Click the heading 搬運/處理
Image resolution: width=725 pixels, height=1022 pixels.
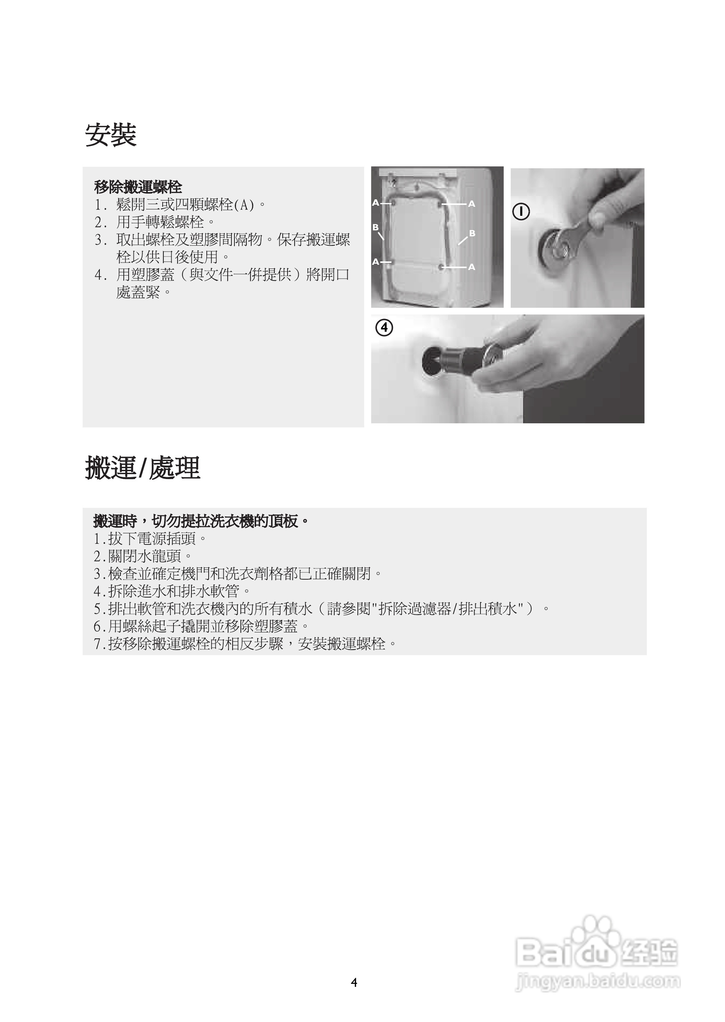(142, 468)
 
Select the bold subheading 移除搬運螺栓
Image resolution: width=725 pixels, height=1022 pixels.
(138, 187)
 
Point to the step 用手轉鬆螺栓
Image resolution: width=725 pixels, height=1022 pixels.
(160, 222)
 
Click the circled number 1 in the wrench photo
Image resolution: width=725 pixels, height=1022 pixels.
(521, 211)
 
